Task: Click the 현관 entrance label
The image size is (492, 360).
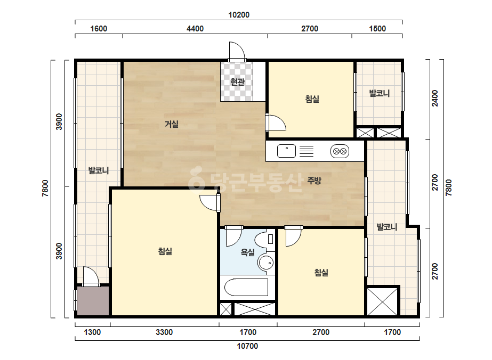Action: (x=237, y=82)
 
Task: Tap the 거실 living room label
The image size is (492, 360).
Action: (x=172, y=124)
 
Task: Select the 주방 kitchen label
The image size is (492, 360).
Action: (x=314, y=181)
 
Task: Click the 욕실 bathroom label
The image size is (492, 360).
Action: (x=247, y=252)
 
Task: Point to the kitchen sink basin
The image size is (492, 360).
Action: (x=286, y=151)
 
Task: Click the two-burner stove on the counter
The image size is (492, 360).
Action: (x=340, y=151)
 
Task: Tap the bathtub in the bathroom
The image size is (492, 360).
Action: (x=246, y=287)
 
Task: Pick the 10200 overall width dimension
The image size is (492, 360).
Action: (x=239, y=15)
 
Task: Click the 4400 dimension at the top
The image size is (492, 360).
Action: (x=195, y=29)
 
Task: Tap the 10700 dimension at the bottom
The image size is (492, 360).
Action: (x=247, y=346)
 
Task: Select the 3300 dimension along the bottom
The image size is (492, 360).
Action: (x=164, y=332)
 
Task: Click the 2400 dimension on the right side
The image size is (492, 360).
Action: (x=435, y=98)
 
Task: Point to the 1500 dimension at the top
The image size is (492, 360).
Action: (x=377, y=29)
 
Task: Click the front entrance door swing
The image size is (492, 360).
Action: (x=237, y=51)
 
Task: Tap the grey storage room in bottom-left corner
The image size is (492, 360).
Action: (x=93, y=301)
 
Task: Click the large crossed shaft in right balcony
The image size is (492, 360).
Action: (x=382, y=301)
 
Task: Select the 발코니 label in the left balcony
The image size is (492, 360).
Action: (x=99, y=170)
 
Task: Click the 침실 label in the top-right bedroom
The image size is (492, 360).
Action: (x=312, y=99)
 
